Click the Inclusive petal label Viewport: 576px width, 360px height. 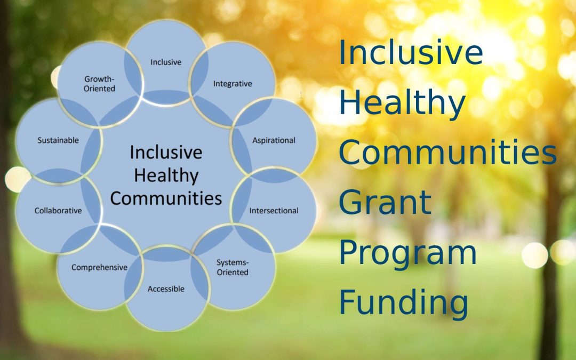[x=166, y=62]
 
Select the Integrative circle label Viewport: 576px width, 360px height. [x=233, y=84]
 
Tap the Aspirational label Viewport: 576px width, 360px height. [x=274, y=140]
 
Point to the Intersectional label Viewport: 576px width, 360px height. [x=274, y=211]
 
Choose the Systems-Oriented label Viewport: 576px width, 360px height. [x=233, y=267]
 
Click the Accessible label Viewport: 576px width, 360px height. [x=166, y=289]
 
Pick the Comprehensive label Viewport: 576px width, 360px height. [x=100, y=267]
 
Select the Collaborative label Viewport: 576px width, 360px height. [x=58, y=211]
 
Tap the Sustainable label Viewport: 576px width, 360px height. [x=58, y=140]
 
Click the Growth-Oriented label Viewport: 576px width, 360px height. [x=100, y=84]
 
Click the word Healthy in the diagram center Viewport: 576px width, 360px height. [x=166, y=175]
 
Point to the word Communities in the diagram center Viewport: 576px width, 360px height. [x=166, y=198]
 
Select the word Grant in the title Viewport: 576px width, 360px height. [x=385, y=202]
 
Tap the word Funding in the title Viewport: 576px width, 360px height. [x=404, y=302]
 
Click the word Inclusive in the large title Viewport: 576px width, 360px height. [x=411, y=53]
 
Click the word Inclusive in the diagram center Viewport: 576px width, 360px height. [x=166, y=153]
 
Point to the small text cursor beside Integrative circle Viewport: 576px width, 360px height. [x=301, y=95]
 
